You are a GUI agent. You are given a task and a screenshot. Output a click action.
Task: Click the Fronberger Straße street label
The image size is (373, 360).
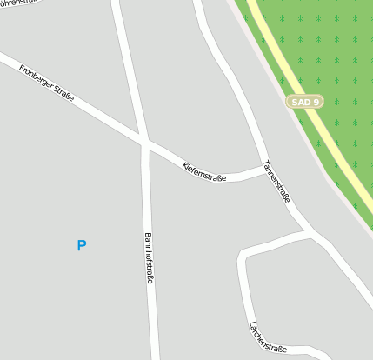click(x=46, y=83)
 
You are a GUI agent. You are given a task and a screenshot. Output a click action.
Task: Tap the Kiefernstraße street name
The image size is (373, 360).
click(x=204, y=171)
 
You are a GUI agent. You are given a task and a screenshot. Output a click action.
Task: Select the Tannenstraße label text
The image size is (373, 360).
click(x=276, y=182)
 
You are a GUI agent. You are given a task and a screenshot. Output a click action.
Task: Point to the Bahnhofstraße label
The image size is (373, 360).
click(x=148, y=258)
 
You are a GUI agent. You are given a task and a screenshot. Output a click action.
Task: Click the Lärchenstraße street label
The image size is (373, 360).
click(x=268, y=338)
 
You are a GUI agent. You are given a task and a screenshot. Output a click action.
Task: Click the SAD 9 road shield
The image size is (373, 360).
click(x=305, y=102)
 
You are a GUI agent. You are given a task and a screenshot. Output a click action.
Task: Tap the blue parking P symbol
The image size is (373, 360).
click(x=82, y=245)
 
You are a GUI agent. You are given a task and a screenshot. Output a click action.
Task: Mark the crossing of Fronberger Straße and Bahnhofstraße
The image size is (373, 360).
click(x=144, y=142)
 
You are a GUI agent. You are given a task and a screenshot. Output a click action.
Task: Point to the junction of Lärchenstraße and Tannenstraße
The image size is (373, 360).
click(x=309, y=232)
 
